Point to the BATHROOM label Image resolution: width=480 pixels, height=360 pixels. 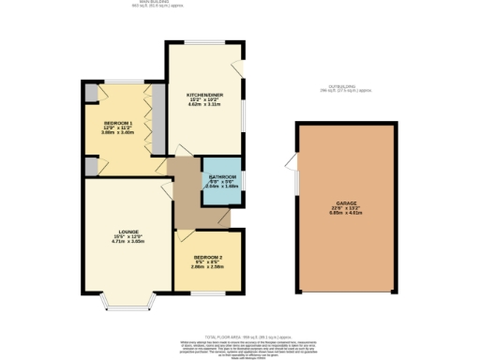(221, 176)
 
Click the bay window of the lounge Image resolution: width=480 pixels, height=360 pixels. (127, 302)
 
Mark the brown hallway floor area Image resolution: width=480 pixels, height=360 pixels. (187, 197)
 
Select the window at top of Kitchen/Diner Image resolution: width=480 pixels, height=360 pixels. (200, 41)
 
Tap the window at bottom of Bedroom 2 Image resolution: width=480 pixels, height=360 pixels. (207, 292)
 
